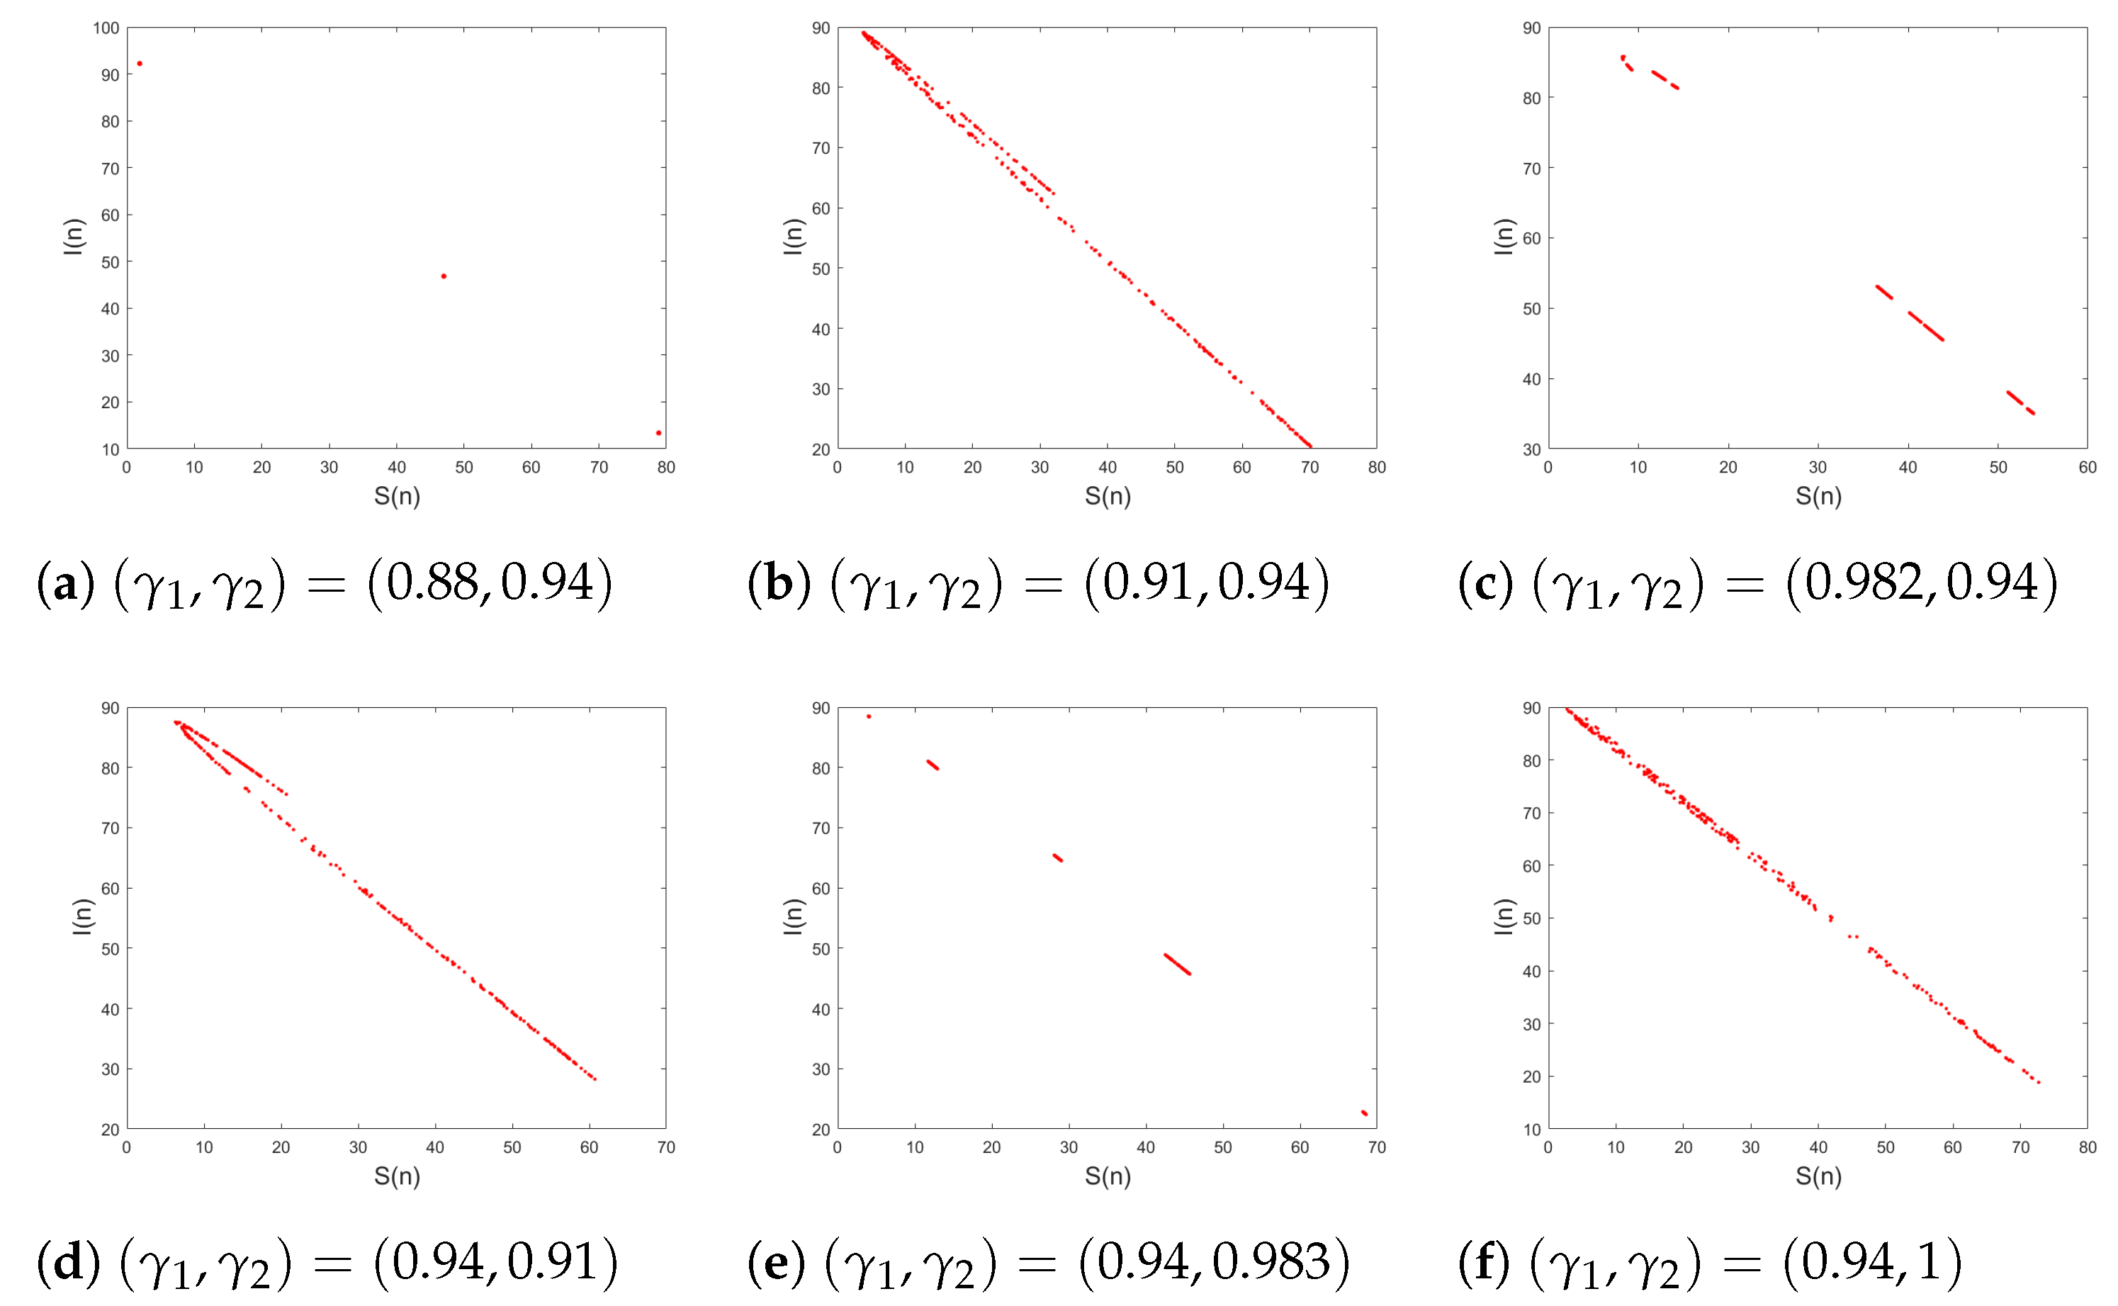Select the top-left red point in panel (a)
(140, 64)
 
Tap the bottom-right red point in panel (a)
(659, 433)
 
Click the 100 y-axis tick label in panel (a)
(106, 28)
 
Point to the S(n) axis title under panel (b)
(1108, 496)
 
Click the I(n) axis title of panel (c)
(1504, 237)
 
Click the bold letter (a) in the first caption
(64, 584)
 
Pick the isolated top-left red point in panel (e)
(869, 716)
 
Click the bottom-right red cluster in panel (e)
(1365, 1113)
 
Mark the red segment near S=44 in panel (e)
(1178, 964)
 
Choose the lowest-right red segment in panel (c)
(2020, 403)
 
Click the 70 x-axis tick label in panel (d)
(666, 1147)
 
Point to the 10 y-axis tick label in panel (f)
(1531, 1129)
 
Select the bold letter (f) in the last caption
(1483, 1263)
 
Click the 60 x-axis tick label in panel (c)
(2087, 467)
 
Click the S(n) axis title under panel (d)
(397, 1176)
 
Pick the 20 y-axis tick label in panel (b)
(821, 449)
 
